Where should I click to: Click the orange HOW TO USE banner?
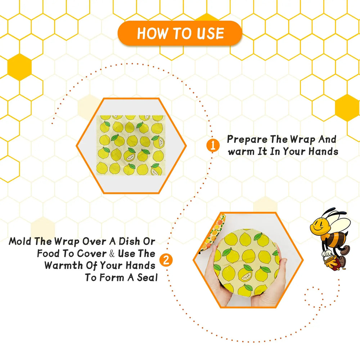180,33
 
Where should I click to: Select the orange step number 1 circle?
213,145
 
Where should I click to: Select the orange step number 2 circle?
166,260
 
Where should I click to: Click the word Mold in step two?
20,241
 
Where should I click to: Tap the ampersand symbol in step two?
112,253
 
